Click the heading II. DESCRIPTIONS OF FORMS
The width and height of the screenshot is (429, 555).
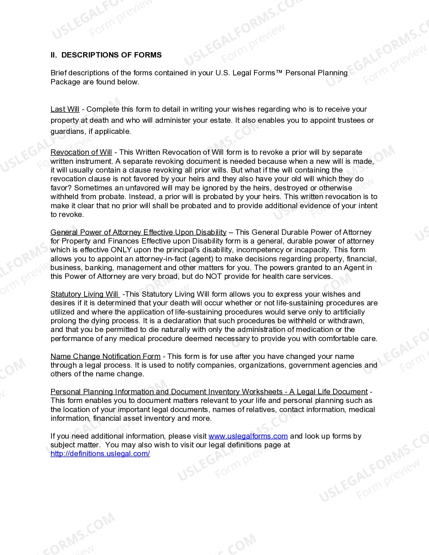pos(106,55)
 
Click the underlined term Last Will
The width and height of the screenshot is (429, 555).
pos(65,109)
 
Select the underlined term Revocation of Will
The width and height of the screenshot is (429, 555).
pos(81,152)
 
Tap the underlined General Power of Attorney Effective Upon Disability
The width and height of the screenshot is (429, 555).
pos(138,232)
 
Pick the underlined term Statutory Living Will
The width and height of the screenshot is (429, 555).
pos(84,294)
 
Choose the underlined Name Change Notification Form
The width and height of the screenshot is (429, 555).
pos(105,357)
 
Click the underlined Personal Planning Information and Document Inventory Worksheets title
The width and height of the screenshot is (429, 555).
pos(209,392)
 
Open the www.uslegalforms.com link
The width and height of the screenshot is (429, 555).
pos(248,436)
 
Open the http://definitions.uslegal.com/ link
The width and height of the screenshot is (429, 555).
pos(100,454)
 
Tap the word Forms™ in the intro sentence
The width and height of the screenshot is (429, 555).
pos(267,73)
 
